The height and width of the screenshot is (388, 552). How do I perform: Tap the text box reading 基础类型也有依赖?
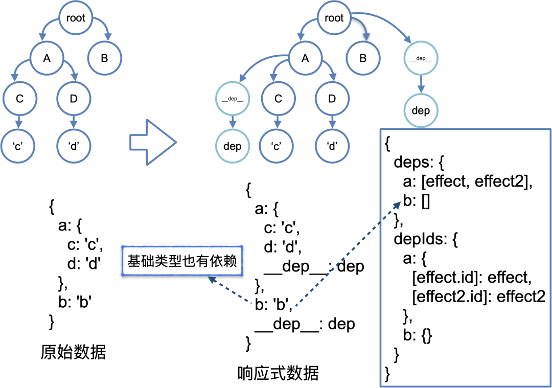(x=182, y=261)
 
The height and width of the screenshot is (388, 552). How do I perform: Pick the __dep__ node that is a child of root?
(x=421, y=59)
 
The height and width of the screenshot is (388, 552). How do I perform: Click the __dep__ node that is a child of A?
(x=233, y=99)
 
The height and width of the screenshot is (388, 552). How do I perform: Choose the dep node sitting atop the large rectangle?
(x=421, y=110)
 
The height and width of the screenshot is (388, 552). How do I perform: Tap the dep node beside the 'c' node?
(x=233, y=146)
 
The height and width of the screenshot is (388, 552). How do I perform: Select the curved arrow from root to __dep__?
(x=388, y=24)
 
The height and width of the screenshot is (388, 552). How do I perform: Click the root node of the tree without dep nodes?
(x=76, y=18)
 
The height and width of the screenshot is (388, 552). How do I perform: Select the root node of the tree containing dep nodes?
(x=334, y=18)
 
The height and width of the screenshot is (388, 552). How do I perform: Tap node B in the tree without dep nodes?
(x=104, y=58)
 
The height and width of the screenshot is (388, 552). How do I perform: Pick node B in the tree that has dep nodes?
(x=363, y=58)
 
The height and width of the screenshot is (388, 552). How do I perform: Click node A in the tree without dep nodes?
(x=47, y=58)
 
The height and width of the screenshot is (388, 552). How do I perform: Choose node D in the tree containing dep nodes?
(x=332, y=99)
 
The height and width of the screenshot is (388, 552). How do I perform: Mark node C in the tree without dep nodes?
(x=19, y=99)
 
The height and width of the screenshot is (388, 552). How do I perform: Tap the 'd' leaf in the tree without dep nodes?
(x=74, y=146)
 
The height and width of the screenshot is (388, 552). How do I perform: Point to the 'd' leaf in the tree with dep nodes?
(x=332, y=146)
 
